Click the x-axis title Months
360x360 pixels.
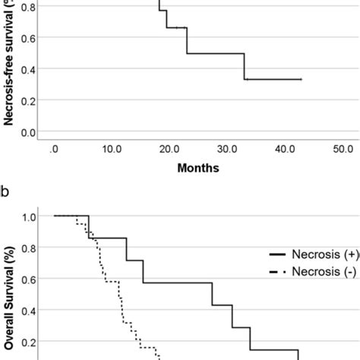pyautogui.click(x=198, y=168)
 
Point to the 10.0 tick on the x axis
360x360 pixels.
pyautogui.click(x=111, y=149)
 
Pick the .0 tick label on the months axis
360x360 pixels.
pyautogui.click(x=53, y=149)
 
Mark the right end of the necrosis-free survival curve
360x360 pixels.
pyautogui.click(x=302, y=79)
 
